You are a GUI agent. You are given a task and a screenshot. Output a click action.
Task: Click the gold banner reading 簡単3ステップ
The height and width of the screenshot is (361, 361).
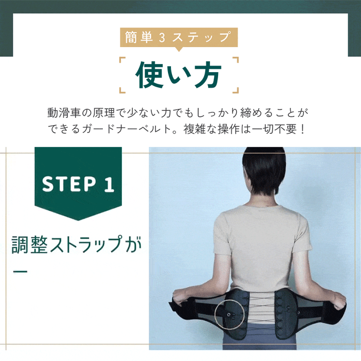coord(178,37)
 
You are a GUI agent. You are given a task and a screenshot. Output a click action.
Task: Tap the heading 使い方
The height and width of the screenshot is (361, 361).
coord(178,75)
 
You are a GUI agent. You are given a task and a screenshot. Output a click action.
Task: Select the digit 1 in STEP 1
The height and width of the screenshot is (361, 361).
coord(109,184)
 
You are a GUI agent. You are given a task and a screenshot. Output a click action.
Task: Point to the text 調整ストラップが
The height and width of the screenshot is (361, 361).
coord(76,245)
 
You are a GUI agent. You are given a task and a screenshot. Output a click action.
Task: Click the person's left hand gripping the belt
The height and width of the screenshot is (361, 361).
coord(180,296)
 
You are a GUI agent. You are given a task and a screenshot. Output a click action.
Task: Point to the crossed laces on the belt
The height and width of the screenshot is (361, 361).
coord(262,307)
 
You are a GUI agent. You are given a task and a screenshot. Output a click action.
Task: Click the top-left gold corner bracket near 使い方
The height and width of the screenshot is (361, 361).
coord(122,60)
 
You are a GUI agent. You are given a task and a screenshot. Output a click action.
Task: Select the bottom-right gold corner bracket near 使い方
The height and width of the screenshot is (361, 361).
coord(235,90)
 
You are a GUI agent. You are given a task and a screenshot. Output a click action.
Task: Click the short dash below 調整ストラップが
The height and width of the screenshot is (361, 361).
coord(20,271)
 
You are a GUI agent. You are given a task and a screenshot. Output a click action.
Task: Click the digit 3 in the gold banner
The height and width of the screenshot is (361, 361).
coord(162,38)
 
